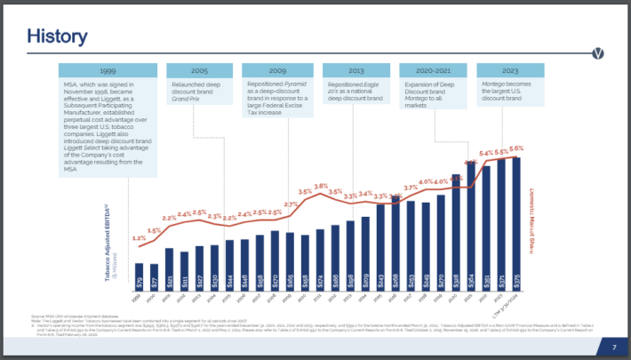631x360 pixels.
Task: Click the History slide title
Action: point(57,36)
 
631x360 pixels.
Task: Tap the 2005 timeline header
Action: point(200,69)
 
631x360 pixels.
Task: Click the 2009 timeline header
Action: point(276,69)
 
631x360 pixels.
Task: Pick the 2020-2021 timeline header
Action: point(434,69)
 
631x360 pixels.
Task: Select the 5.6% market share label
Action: point(516,148)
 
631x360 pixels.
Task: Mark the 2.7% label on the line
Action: point(290,204)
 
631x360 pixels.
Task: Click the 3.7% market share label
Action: point(410,188)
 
